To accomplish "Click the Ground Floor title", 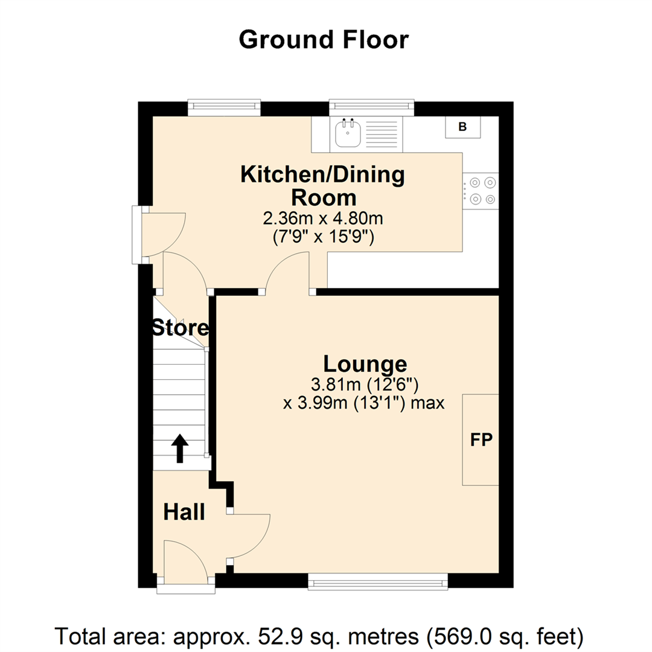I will click(x=324, y=40).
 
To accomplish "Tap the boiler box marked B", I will click(x=463, y=127).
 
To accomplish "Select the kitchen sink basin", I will click(x=348, y=133).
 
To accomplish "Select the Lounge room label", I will click(x=365, y=364).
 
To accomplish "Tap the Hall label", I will click(x=184, y=513).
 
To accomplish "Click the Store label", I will click(x=180, y=329).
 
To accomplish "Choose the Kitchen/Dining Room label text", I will click(x=323, y=186).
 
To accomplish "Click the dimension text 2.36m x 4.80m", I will click(x=323, y=218).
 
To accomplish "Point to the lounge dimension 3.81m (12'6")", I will click(x=365, y=383).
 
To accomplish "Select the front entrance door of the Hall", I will click(x=186, y=564).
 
